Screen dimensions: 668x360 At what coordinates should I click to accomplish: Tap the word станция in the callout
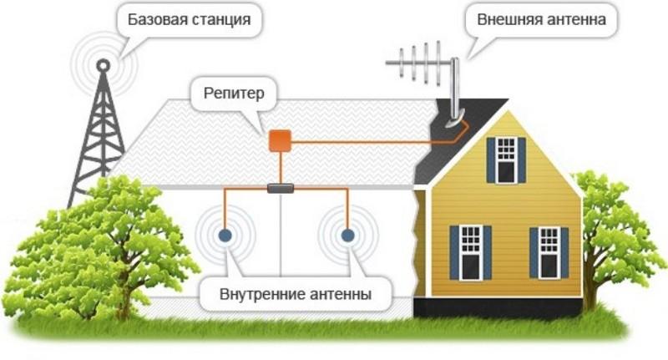click(220, 20)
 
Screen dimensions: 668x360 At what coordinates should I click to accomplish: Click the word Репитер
click(234, 94)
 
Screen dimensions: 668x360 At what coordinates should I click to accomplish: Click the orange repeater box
click(280, 141)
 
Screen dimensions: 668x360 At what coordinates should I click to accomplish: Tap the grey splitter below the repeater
click(281, 188)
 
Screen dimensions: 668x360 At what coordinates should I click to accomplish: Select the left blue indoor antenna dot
click(225, 236)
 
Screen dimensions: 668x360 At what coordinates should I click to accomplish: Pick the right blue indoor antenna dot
click(347, 236)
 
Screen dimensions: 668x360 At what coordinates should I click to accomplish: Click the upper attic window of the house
click(506, 160)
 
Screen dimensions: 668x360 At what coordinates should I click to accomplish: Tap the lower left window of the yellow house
click(470, 252)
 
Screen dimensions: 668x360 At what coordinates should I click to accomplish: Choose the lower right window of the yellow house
click(549, 253)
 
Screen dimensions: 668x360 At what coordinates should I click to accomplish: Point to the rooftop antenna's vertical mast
click(455, 89)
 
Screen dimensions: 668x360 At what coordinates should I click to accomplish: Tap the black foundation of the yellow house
click(498, 307)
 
